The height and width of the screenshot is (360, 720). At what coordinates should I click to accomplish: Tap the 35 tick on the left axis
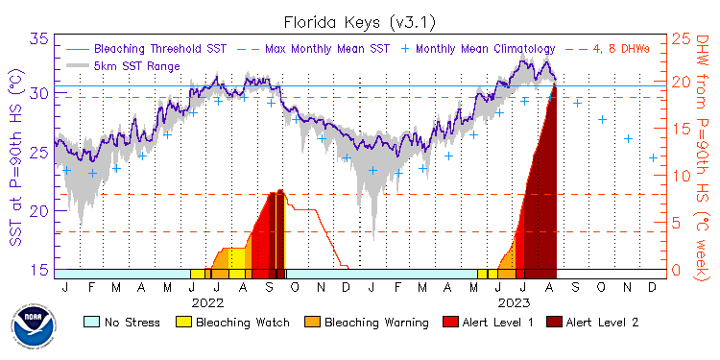[x=39, y=39]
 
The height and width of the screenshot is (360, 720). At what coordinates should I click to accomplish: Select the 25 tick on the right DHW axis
[x=681, y=39]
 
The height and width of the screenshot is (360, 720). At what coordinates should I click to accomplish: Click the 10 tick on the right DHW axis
[x=681, y=177]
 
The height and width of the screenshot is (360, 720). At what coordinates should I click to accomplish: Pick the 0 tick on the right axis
[x=676, y=269]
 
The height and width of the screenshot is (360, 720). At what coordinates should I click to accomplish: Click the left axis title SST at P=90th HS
[x=14, y=154]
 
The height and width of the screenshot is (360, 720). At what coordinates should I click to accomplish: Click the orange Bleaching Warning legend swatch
[x=314, y=322]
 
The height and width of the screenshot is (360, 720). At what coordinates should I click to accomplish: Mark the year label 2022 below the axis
[x=206, y=301]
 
